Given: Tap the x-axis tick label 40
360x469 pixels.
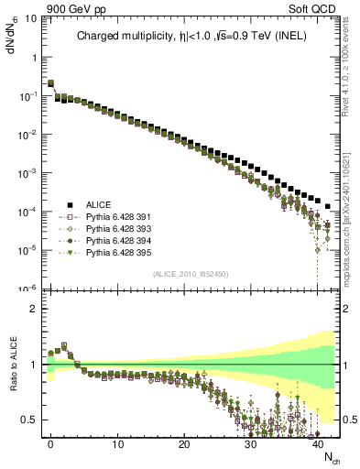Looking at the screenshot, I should pos(317,443).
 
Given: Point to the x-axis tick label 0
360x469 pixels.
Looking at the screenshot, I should pos(50,443).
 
